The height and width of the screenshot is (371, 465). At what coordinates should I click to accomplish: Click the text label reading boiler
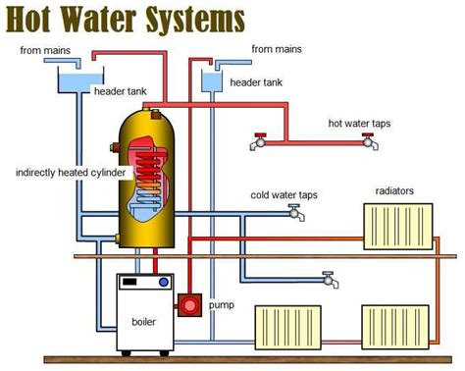(x=146, y=320)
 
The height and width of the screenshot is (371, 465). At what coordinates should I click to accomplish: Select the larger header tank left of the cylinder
(x=70, y=79)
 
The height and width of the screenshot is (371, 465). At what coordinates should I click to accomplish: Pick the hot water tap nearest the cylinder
(x=258, y=141)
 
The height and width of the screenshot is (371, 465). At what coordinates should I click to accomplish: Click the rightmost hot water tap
(x=369, y=141)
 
